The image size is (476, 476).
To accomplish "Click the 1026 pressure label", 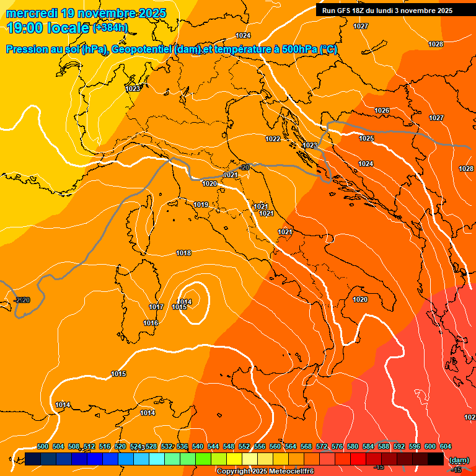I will pos(382,110).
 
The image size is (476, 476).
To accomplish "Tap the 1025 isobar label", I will pos(366,138).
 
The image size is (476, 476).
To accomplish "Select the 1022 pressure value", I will pos(273,139).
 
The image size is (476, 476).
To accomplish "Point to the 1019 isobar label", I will pos(201,205).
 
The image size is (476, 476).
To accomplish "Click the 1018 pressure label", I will pos(183,253).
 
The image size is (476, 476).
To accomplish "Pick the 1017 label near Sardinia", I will pos(156,307).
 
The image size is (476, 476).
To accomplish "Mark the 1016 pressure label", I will pos(151,323).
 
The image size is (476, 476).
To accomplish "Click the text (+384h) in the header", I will pos(110,27).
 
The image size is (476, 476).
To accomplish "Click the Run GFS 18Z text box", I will pos(387,11).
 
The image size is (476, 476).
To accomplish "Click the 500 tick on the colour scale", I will pos(43,446).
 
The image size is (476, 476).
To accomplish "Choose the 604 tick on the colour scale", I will pos(446,446).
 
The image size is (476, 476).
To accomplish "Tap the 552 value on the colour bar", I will pos(244,446).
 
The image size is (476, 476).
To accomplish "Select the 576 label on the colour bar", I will pos(337,446).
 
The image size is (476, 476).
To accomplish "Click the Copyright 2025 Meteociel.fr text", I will pos(265,471).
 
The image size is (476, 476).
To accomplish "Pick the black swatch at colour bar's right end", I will pos(436,459).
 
